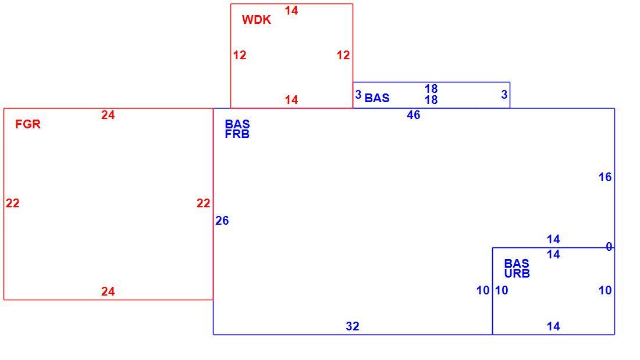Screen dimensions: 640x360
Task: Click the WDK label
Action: coord(257,20)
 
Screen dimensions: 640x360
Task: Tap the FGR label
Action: coord(28,124)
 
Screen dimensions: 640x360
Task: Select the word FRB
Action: coord(237,134)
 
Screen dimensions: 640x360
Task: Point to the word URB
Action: coord(517,273)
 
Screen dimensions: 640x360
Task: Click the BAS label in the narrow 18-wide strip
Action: coord(377,98)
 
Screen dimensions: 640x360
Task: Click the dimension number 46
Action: coord(414,115)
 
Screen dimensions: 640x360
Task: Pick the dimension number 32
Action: coord(353,326)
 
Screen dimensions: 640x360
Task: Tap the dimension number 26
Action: coord(222,221)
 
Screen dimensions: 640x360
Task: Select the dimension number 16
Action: coord(605,177)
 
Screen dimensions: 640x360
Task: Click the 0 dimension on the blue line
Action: coord(609,247)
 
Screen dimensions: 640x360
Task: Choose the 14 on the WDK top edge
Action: coord(291,10)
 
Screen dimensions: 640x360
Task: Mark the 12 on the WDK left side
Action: coord(240,55)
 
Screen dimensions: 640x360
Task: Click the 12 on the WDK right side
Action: coord(343,55)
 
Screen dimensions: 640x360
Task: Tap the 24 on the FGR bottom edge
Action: coord(108,291)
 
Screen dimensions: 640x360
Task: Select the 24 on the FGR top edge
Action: coord(108,115)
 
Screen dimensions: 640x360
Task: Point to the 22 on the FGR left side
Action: coord(13,203)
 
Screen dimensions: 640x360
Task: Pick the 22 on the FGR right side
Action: coord(203,203)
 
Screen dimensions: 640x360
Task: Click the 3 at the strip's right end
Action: coord(504,95)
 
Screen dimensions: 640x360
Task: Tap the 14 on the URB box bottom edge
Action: coord(553,326)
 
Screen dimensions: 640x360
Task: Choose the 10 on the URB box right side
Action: coord(605,290)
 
